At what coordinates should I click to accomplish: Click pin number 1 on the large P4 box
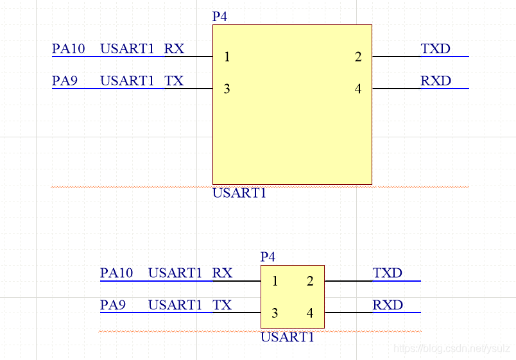pos(227,57)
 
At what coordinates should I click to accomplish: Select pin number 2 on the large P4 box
pos(358,57)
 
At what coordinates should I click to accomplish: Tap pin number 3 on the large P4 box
pos(227,89)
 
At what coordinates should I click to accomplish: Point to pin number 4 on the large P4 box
pos(358,89)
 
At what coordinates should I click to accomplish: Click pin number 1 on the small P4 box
pos(275,282)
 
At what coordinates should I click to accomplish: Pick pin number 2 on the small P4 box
pos(310,282)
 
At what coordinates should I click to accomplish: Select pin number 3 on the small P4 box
pos(275,313)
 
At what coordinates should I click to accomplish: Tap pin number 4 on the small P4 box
pos(310,313)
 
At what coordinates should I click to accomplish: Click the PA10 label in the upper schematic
pos(69,49)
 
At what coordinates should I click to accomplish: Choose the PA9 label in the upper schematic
pos(65,81)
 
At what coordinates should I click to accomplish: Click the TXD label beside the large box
pos(436,49)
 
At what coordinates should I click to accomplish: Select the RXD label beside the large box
pos(436,81)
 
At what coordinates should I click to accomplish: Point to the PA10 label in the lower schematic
pos(117,273)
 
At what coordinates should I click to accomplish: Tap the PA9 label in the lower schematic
pos(114,305)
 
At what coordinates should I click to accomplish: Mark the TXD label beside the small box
pos(388,273)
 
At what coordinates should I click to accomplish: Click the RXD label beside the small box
pos(388,305)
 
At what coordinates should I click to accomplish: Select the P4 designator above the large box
pos(219,17)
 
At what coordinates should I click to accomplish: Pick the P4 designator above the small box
pos(268,257)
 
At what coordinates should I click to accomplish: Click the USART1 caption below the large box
pos(239,193)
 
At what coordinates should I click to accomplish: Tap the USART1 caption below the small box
pos(288,337)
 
